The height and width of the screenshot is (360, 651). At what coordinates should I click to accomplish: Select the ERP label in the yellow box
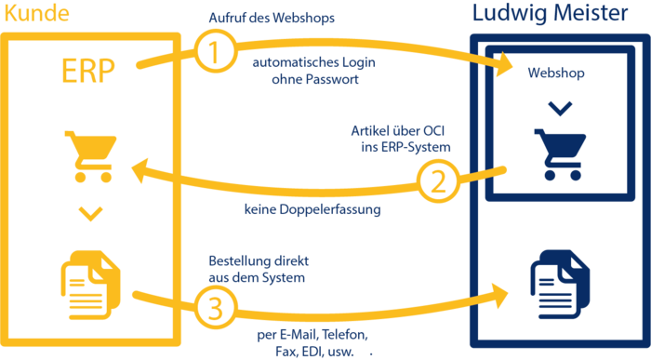88,72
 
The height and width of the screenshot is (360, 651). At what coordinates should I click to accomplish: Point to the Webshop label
555,73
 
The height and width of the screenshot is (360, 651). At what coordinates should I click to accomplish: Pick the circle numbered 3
217,308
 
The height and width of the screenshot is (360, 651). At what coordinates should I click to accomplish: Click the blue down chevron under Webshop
555,109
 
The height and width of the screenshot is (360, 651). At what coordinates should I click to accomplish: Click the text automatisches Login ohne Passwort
306,72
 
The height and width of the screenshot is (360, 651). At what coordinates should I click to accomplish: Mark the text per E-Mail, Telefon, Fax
311,342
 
